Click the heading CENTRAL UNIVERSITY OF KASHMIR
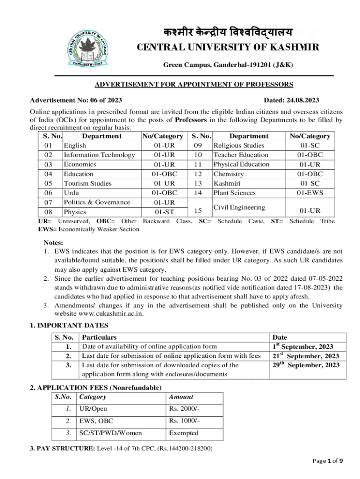point(228,47)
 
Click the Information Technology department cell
point(99,155)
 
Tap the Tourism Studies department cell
point(87,183)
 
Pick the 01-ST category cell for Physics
point(161,212)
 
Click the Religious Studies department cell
point(238,145)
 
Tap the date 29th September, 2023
point(306,365)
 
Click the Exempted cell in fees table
point(184,433)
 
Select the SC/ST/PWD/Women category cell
point(111,433)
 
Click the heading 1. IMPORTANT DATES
point(69,326)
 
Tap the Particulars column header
point(99,337)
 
